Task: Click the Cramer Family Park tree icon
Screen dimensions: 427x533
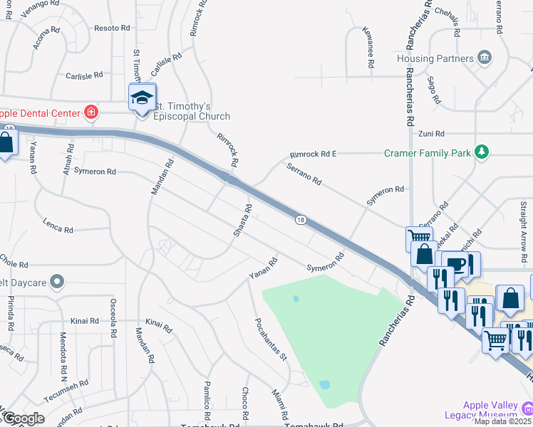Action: pyautogui.click(x=482, y=152)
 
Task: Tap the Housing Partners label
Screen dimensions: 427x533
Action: pyautogui.click(x=435, y=58)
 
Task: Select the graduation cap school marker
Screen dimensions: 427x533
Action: pyautogui.click(x=142, y=97)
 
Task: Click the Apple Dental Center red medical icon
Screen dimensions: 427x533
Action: pyautogui.click(x=90, y=112)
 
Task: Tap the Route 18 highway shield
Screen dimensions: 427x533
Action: pyautogui.click(x=301, y=221)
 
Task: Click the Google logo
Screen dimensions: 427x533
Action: pyautogui.click(x=23, y=418)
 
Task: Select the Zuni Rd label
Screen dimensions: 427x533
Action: pyautogui.click(x=431, y=133)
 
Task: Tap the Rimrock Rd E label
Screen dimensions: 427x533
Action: pyautogui.click(x=312, y=154)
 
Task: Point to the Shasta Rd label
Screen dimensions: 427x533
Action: pyautogui.click(x=243, y=221)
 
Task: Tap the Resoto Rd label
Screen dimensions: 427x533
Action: pyautogui.click(x=112, y=28)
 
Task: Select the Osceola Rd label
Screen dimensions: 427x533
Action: pyautogui.click(x=113, y=314)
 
